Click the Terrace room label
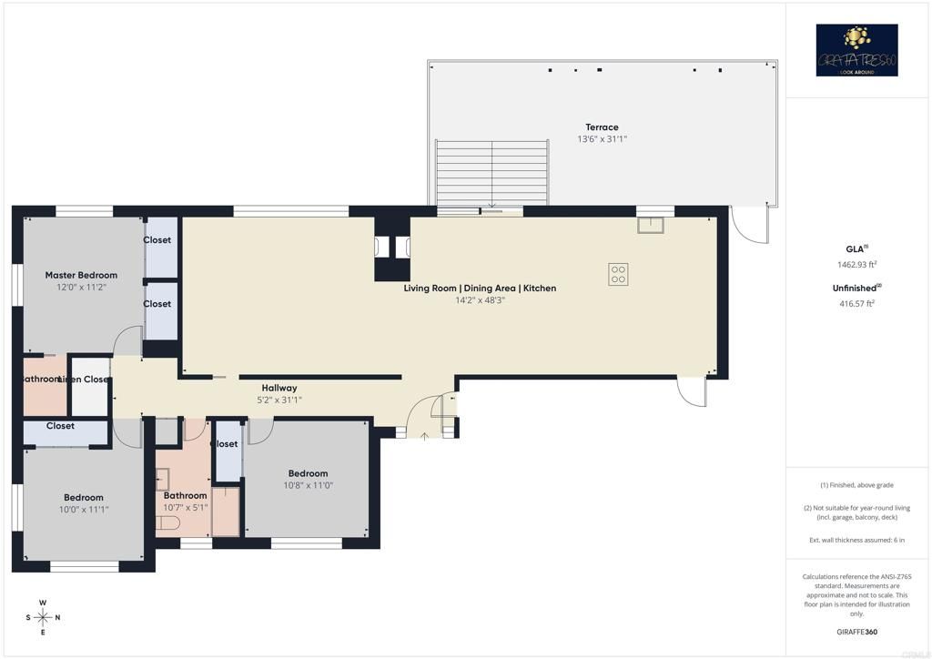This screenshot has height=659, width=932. point(602,127)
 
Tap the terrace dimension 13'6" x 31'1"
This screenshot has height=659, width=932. point(602,139)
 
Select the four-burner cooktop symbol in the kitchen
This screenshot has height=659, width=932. point(618,274)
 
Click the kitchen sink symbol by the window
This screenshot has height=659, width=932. point(650,225)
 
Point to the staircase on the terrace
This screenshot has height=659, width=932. point(492,173)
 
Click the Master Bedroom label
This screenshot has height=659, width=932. point(81,275)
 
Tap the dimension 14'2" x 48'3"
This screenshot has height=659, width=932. point(480,300)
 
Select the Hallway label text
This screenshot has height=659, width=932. point(279,388)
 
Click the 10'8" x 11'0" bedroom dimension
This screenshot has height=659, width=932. point(308,485)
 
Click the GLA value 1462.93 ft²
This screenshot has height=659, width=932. point(856,265)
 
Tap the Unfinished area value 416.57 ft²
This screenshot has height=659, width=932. point(856,304)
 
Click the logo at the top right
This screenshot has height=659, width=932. point(856,50)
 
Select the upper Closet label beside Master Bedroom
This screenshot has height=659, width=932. point(157,240)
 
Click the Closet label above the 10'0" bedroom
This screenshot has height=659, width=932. point(60,426)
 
